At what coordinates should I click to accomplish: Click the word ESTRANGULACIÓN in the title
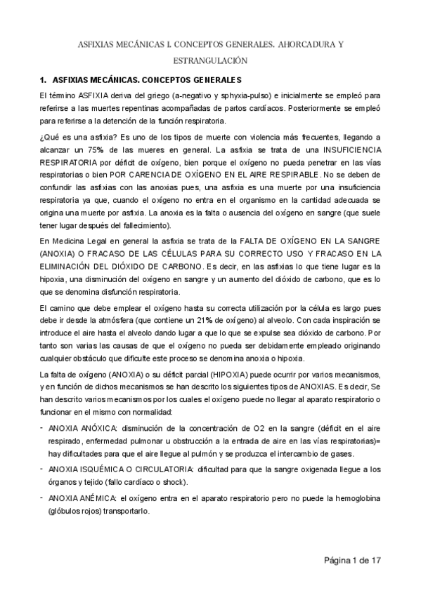pos(209,60)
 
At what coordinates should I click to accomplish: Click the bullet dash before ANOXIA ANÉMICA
pos(41,497)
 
